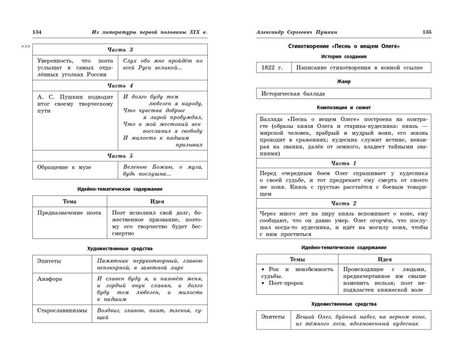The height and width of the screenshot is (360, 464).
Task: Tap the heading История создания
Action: pos(343,57)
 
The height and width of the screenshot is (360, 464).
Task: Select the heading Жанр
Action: pos(343,82)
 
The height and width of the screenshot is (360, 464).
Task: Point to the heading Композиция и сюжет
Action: pos(343,106)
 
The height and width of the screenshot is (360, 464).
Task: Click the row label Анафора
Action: pos(50,279)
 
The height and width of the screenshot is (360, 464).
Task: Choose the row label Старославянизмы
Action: pos(61,311)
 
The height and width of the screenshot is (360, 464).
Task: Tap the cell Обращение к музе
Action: pos(64,167)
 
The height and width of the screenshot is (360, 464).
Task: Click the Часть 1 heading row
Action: pos(343,163)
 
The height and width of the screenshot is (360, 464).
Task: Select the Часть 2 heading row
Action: pos(343,203)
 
